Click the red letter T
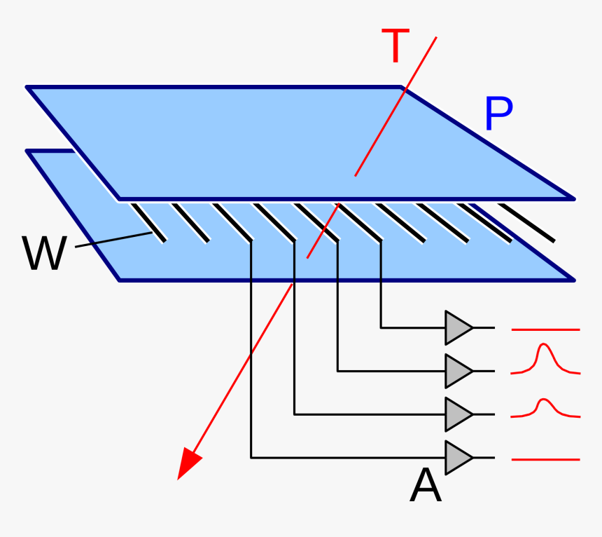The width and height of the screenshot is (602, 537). [x=395, y=46]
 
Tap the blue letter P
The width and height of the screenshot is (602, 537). [x=498, y=115]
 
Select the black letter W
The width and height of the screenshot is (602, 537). [x=44, y=254]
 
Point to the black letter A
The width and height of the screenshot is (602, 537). [x=426, y=486]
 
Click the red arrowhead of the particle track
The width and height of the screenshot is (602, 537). [x=188, y=465]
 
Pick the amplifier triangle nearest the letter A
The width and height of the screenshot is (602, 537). [x=458, y=458]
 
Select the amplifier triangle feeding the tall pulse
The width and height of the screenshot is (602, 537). [x=458, y=371]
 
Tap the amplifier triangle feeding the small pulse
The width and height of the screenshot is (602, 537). [x=458, y=414]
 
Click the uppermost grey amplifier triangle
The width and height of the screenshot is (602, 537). [x=458, y=327]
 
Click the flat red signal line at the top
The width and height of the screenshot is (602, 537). [x=545, y=329]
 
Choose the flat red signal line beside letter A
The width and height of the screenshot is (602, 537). [x=545, y=459]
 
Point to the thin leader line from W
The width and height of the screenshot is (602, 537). [x=112, y=240]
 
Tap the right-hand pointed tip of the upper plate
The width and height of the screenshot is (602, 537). [x=573, y=198]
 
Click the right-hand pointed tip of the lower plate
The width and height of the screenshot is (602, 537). [x=573, y=280]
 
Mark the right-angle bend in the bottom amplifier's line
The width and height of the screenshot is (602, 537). [x=251, y=458]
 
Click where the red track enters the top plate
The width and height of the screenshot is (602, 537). [x=356, y=175]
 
